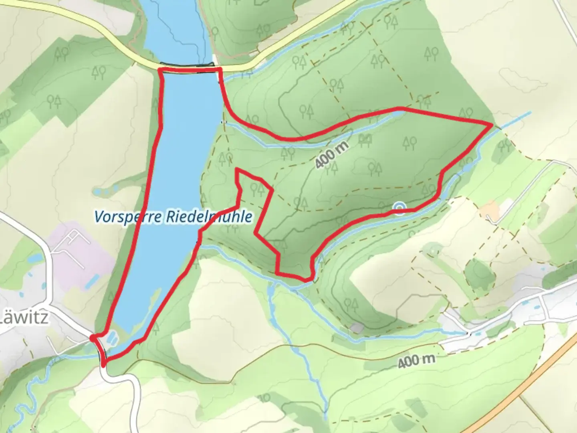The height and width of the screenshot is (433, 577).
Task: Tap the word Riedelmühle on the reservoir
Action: [x=208, y=217]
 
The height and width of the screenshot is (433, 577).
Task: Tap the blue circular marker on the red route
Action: [x=399, y=208]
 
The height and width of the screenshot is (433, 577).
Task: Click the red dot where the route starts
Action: [x=93, y=338]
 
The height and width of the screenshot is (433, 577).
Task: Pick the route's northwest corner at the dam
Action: [x=160, y=70]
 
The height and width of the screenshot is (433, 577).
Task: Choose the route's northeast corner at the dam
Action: [x=220, y=69]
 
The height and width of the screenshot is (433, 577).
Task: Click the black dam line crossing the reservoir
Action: [x=186, y=64]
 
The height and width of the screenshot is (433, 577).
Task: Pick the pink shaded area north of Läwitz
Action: [x=80, y=257]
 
